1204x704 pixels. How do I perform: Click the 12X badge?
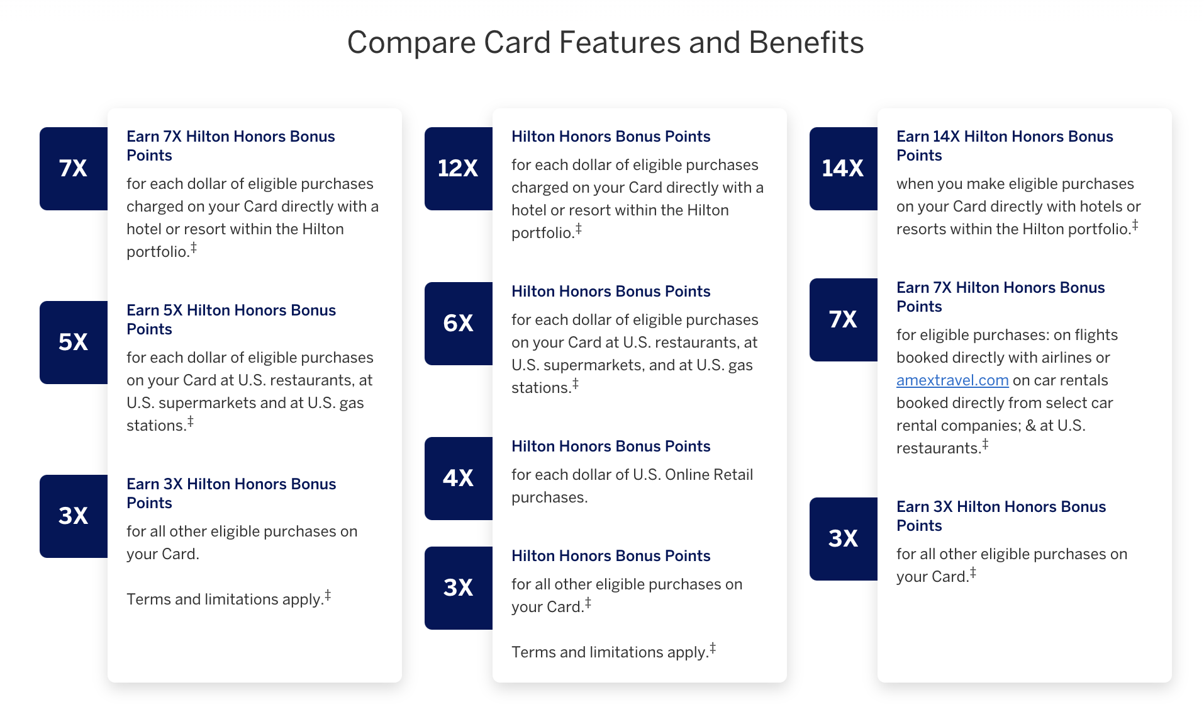[459, 169]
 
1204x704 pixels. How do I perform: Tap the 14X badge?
[844, 169]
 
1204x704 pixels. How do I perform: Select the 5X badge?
[74, 343]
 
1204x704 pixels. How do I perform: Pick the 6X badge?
[459, 324]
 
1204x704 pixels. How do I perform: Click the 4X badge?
[459, 479]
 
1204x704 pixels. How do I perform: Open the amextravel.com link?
[952, 380]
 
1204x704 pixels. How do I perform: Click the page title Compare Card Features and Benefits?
[605, 43]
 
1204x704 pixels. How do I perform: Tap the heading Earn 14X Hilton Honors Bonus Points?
[1005, 146]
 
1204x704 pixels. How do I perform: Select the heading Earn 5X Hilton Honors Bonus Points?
[231, 320]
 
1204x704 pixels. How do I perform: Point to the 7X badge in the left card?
[74, 169]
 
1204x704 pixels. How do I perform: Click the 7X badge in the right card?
[844, 320]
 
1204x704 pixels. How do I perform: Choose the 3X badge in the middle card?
[459, 588]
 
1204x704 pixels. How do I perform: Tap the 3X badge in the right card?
[844, 539]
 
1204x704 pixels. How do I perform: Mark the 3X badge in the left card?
[74, 516]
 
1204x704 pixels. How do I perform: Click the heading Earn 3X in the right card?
[1001, 516]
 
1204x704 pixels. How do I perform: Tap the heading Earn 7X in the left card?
[231, 146]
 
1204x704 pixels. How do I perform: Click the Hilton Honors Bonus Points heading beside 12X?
[611, 137]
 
